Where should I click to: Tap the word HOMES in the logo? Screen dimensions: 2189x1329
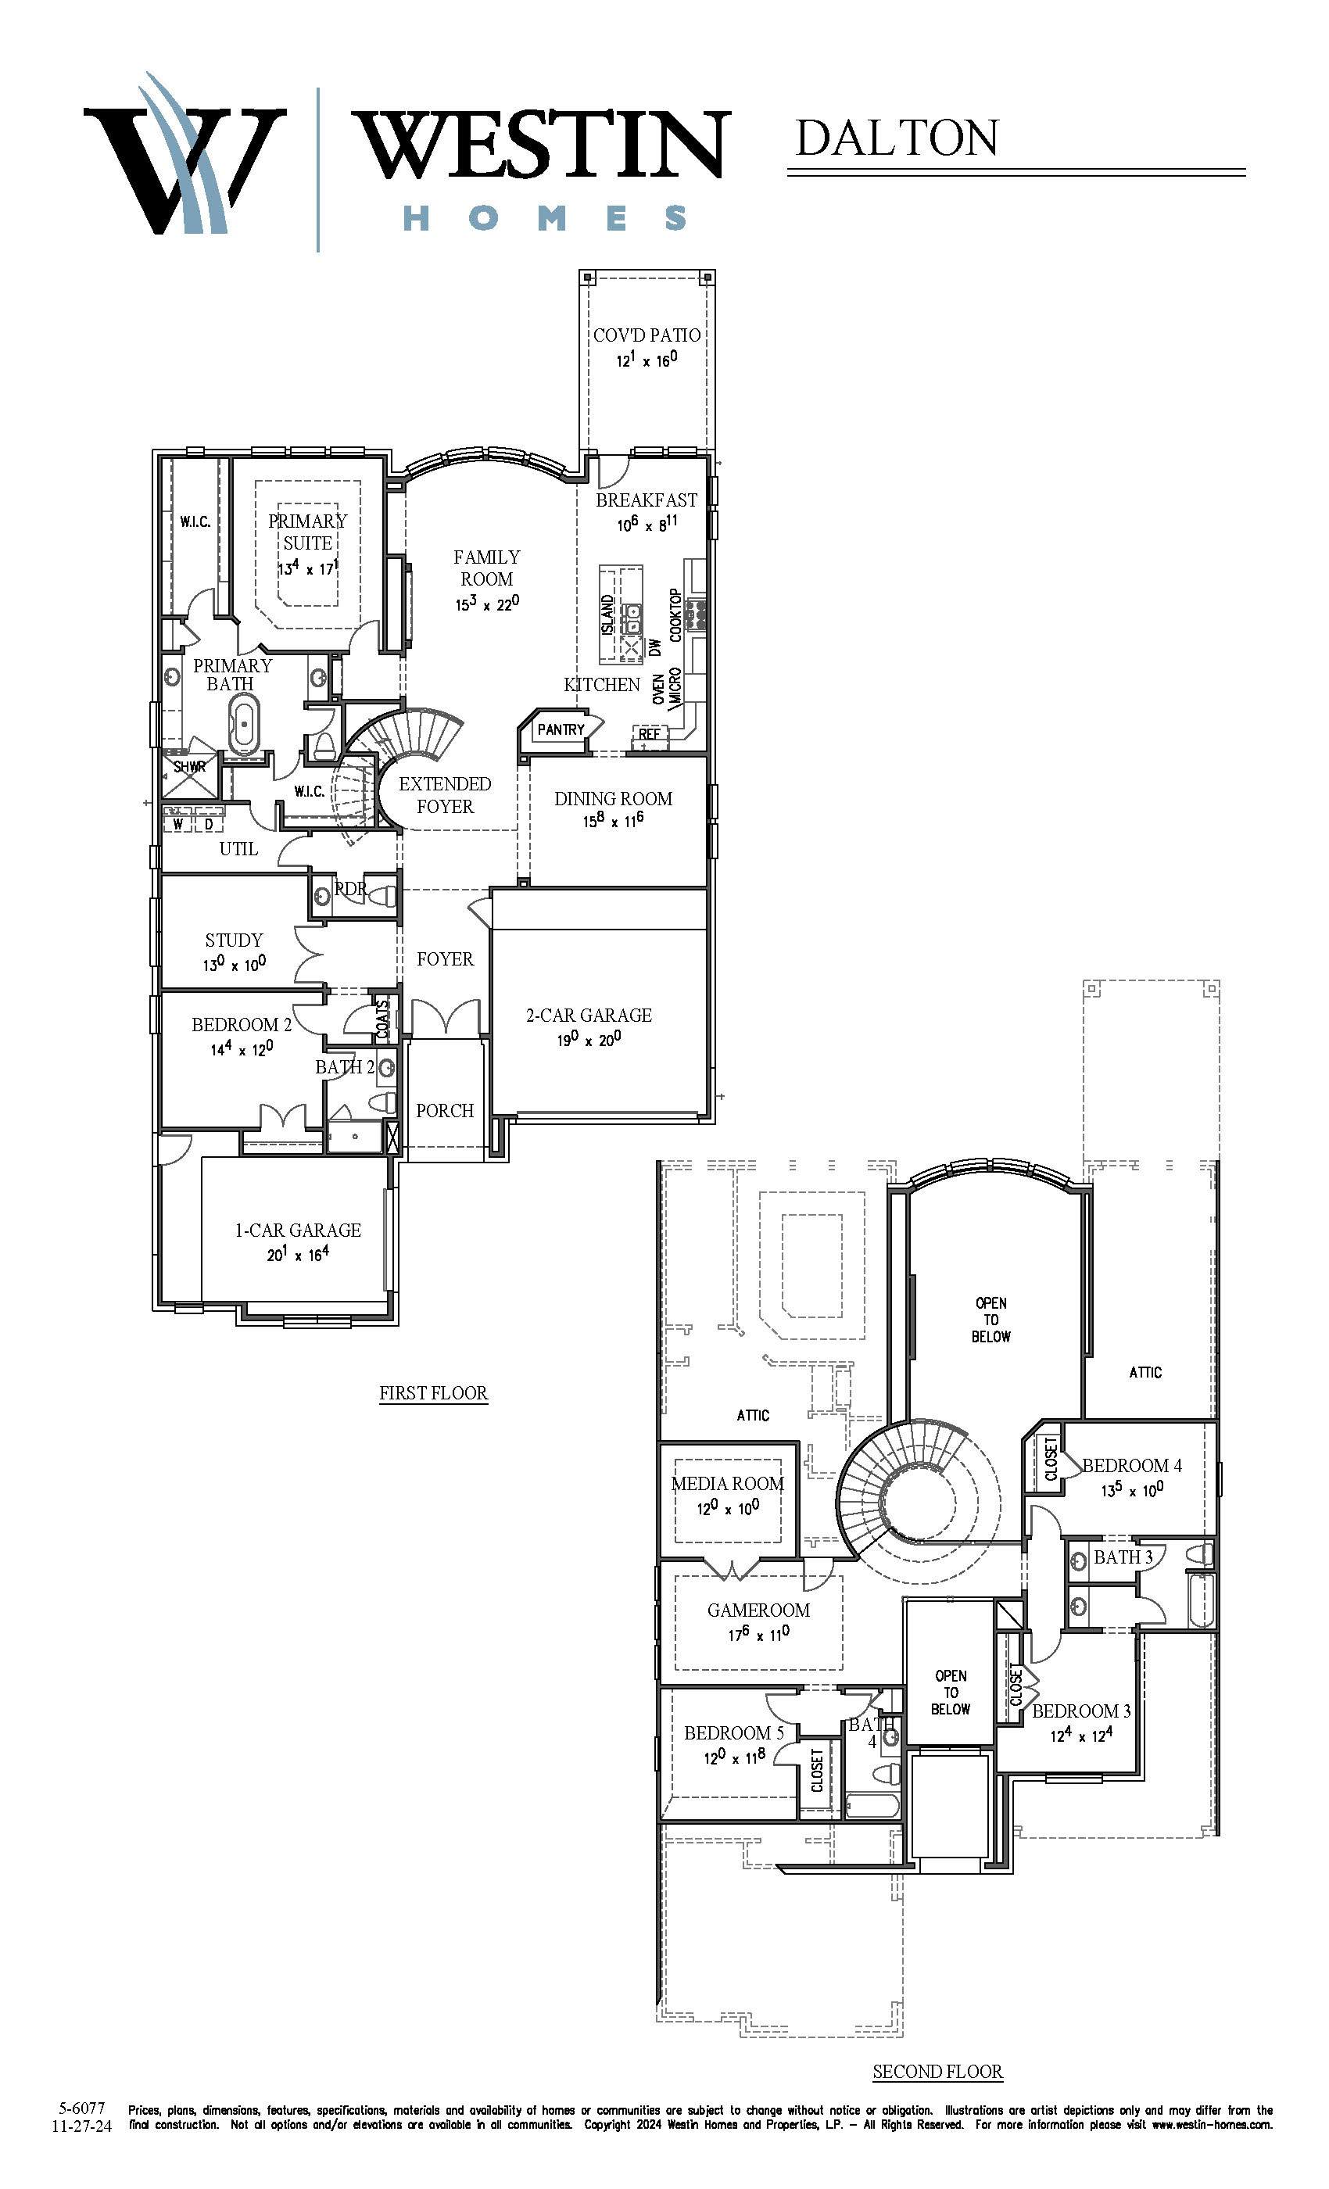tap(546, 217)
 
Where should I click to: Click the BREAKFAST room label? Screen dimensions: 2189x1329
tap(646, 500)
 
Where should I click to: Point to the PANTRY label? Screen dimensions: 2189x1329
tap(561, 729)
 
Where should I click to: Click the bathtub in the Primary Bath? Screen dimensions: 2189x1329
tap(244, 723)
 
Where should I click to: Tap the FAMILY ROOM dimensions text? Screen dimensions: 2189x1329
tap(487, 604)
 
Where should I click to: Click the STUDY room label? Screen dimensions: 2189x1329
tap(234, 940)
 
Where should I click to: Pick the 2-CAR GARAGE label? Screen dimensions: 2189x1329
tap(589, 1015)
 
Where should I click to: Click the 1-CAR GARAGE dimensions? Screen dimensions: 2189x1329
tap(298, 1255)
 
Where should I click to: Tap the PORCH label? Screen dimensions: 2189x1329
tap(445, 1110)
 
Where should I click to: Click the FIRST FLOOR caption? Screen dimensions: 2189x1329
tap(434, 1393)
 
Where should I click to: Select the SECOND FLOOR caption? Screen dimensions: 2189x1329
tap(937, 2072)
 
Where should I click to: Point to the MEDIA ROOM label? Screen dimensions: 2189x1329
tap(728, 1483)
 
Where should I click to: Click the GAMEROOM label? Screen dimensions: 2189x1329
tap(758, 1610)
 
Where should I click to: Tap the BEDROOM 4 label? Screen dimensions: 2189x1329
tap(1132, 1466)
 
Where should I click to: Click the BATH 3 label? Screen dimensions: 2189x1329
tap(1123, 1557)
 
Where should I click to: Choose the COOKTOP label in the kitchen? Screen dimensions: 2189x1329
tap(675, 614)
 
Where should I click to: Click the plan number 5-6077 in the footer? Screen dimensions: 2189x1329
tap(82, 2107)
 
